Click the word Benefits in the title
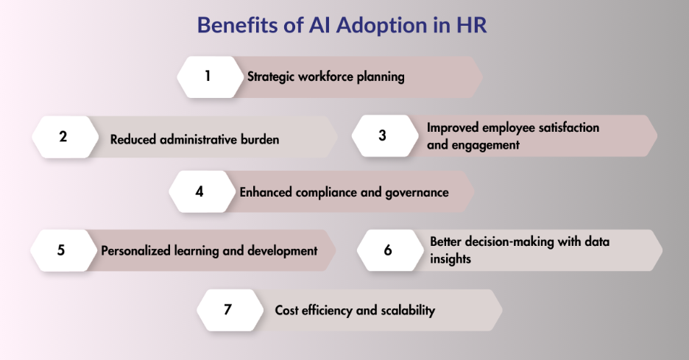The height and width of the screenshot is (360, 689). [237, 25]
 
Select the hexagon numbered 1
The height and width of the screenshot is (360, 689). [210, 77]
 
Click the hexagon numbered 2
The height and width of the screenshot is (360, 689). [65, 137]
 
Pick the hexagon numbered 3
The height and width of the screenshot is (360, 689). [385, 135]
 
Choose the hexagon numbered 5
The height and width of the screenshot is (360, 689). [63, 250]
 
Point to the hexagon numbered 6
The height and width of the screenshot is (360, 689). [390, 250]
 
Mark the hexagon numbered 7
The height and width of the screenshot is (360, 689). [230, 310]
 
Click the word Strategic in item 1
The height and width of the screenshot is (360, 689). [271, 77]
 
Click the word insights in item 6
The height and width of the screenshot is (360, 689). [451, 259]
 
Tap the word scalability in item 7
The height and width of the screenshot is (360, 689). [408, 311]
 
